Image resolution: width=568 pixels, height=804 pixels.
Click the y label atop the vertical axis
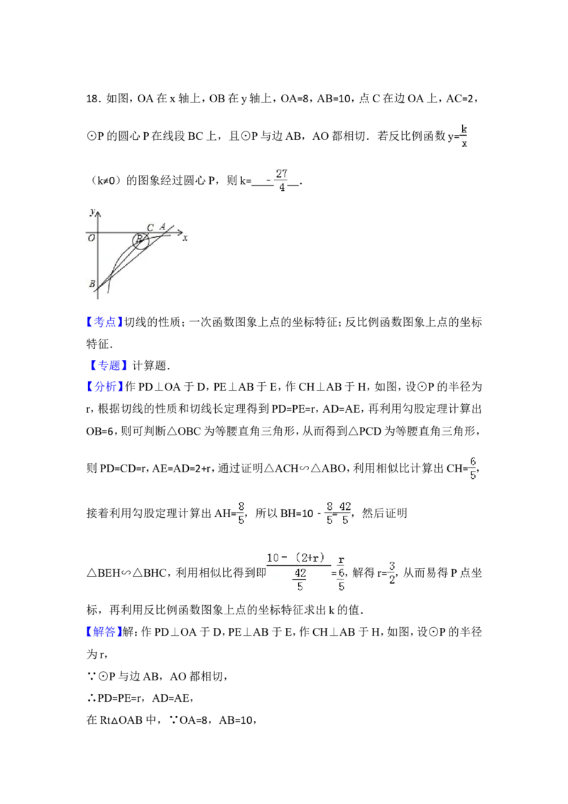[92, 211]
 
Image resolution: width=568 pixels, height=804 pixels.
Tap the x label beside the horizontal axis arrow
[185, 239]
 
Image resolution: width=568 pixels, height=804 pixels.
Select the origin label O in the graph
[92, 239]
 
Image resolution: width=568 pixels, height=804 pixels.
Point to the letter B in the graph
[92, 284]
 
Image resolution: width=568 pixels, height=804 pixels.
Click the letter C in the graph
[150, 227]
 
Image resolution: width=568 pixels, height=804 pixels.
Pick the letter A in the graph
[163, 227]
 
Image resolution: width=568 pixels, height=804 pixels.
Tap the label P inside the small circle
[140, 240]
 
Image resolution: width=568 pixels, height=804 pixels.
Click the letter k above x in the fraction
[464, 129]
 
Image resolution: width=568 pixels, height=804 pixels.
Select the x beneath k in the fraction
[464, 144]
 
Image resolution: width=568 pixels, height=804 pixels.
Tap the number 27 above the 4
[282, 173]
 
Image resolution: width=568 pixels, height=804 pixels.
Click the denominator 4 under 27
[282, 188]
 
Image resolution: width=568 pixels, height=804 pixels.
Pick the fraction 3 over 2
[392, 572]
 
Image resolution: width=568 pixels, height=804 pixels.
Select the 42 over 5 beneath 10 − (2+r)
[300, 580]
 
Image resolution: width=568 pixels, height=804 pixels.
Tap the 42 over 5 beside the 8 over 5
[345, 512]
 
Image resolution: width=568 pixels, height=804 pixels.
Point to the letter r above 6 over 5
[342, 558]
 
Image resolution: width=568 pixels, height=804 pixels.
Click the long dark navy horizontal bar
[230, 394]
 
